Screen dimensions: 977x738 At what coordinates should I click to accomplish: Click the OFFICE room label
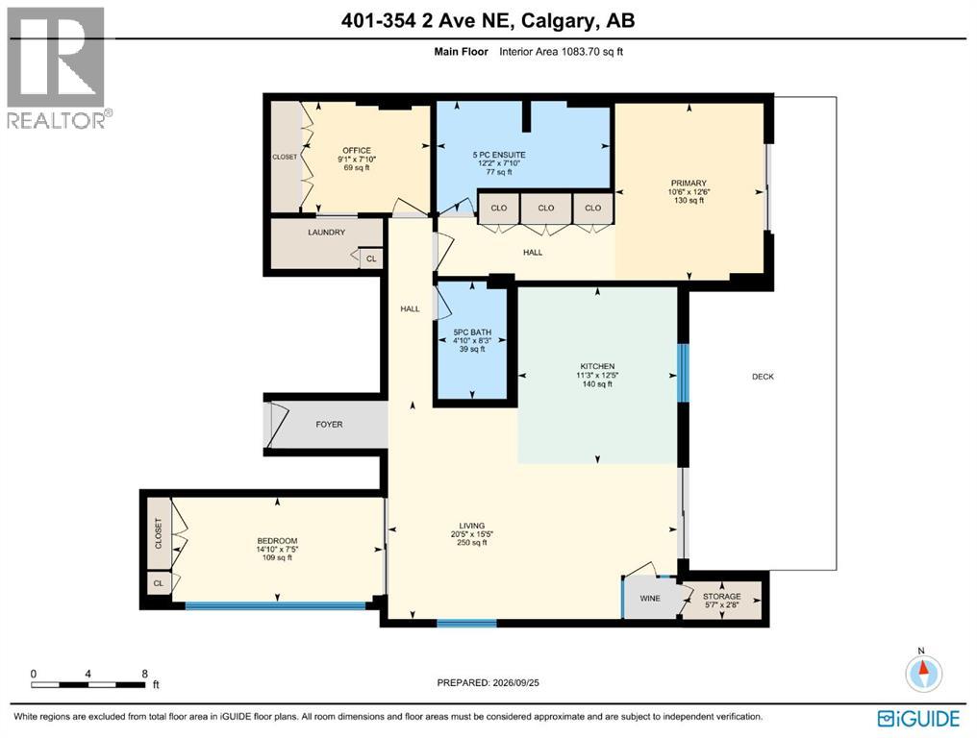pos(357,150)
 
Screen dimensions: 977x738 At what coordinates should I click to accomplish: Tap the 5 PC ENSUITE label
pos(498,155)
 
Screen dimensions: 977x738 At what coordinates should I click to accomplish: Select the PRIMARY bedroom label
pos(689,184)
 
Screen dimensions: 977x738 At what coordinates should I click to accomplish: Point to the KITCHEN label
pos(597,366)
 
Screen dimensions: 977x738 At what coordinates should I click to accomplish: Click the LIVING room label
pos(472,526)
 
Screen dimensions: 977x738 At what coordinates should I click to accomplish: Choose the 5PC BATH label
pos(472,332)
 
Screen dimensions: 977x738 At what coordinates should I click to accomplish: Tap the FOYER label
pos(329,424)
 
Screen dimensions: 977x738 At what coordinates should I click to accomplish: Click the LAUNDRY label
pos(327,233)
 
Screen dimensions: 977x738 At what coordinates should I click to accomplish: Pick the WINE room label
pos(650,599)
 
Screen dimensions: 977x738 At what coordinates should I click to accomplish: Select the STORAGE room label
pos(722,596)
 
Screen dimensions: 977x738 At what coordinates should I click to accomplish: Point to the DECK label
pos(763,376)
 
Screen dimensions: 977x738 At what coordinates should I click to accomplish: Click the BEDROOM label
pos(277,541)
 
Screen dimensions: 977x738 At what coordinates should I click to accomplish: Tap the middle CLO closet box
pos(546,208)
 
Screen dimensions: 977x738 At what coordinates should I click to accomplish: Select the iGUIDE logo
pos(918,719)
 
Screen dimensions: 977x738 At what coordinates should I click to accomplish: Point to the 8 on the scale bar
pos(144,674)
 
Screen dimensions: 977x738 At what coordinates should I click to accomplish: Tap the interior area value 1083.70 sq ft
pos(592,52)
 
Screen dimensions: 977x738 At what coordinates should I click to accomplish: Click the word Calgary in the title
pos(557,20)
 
